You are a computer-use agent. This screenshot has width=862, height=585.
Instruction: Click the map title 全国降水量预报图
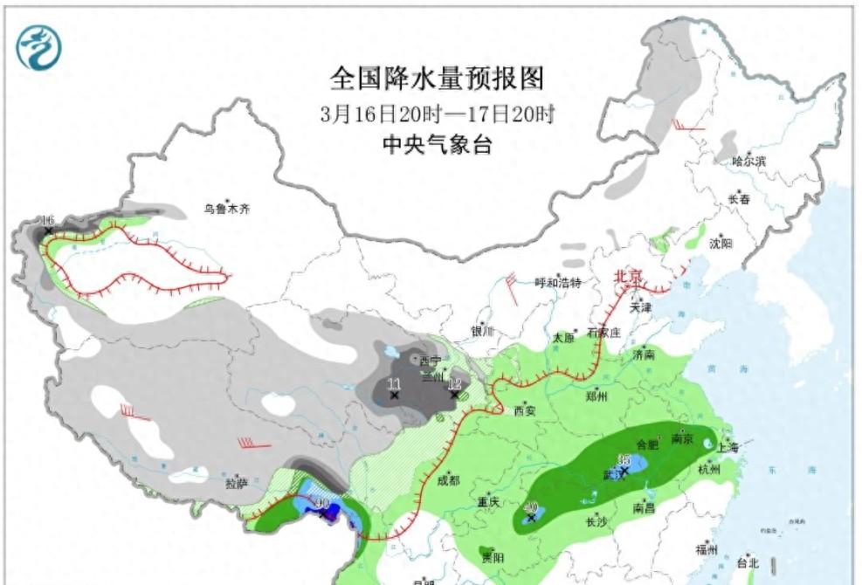(436, 79)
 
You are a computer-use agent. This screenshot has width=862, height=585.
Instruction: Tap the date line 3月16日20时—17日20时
(437, 114)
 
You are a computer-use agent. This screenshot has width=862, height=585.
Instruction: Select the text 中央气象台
(437, 145)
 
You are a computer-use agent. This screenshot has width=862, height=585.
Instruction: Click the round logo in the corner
(39, 47)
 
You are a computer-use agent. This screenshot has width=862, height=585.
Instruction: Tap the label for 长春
(739, 199)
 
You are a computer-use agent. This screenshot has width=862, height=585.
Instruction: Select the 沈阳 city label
(721, 244)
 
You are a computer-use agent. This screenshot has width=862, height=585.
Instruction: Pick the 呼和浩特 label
(558, 282)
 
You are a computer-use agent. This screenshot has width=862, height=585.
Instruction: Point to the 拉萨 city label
(238, 482)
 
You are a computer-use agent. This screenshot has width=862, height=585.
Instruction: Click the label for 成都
(448, 479)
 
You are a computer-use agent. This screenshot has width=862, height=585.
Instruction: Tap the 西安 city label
(524, 409)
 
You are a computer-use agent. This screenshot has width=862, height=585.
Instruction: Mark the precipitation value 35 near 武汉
(624, 460)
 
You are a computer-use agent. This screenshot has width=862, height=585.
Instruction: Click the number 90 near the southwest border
(321, 504)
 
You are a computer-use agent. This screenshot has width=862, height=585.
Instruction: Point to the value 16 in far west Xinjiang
(48, 219)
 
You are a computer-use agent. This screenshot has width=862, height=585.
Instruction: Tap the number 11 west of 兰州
(394, 384)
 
